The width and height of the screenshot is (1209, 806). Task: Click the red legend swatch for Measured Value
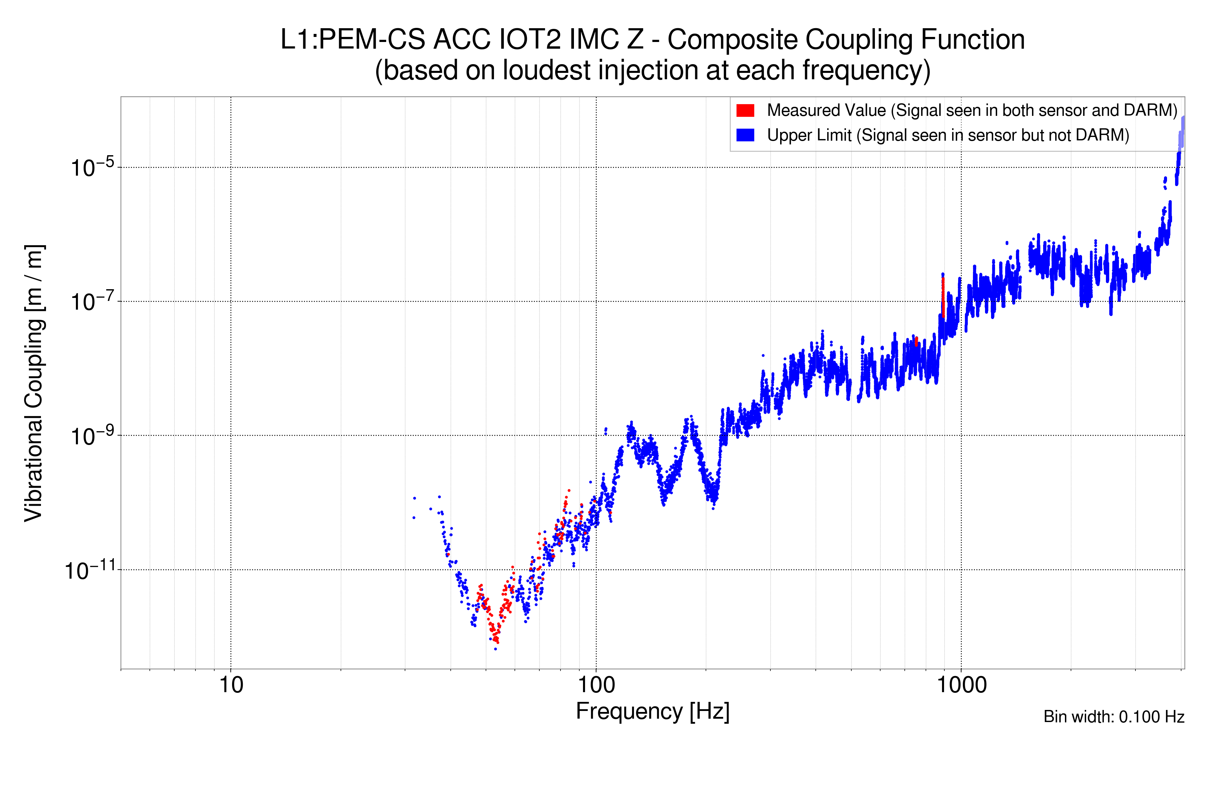745,110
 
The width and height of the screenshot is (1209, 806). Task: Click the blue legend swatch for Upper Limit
745,135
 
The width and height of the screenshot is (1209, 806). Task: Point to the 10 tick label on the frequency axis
231,685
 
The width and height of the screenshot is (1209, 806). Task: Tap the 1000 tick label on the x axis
961,685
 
